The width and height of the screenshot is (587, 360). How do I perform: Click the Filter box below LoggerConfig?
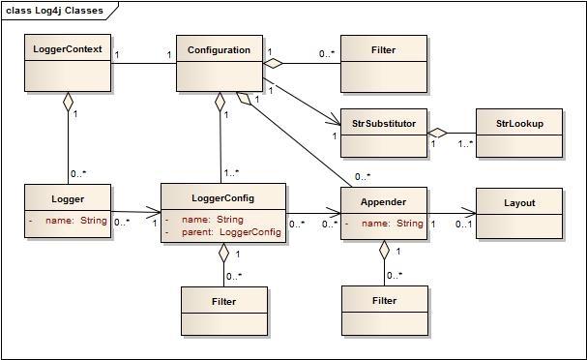[223, 311]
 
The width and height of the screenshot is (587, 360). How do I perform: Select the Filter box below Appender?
[384, 311]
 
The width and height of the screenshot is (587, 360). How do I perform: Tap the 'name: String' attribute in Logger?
[73, 221]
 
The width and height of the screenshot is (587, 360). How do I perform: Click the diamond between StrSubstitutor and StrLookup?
[438, 133]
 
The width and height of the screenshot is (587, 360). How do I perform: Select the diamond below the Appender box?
[384, 250]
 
